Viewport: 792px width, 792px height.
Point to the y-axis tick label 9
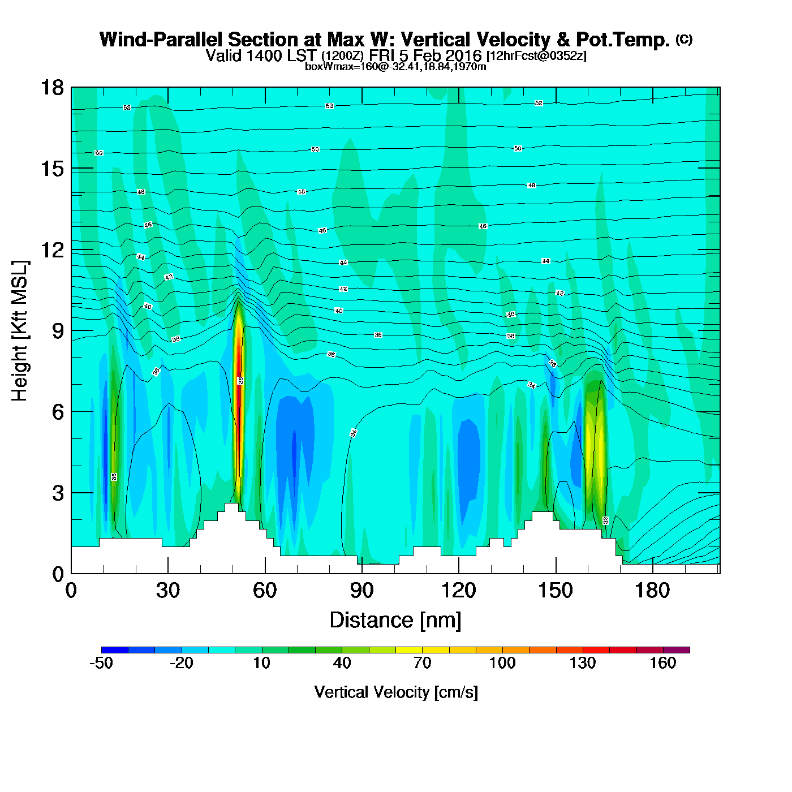(x=58, y=331)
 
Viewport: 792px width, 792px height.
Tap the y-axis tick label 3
(x=58, y=493)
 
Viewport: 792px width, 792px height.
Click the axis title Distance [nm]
(x=395, y=621)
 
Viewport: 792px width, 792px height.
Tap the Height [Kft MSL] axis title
(x=20, y=331)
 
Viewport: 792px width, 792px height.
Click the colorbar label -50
(x=101, y=663)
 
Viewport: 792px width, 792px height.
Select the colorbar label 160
(x=662, y=663)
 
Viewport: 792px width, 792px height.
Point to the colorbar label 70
(x=422, y=663)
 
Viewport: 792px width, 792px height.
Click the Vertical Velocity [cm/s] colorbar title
(x=396, y=692)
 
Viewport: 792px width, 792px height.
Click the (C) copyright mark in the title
(x=684, y=39)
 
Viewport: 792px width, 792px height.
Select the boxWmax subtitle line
(x=395, y=67)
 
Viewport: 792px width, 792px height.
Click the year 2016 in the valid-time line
(x=463, y=56)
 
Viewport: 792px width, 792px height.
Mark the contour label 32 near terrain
(x=605, y=520)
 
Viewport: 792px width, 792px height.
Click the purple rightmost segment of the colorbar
(x=676, y=650)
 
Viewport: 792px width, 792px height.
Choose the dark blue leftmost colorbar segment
(x=115, y=650)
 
